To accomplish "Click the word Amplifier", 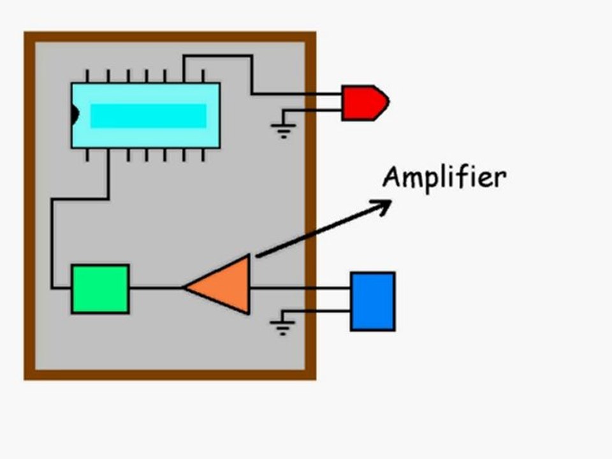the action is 444,178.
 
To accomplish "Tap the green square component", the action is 100,289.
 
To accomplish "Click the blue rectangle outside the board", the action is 373,302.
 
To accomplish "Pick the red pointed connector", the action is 365,103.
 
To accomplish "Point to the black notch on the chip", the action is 75,114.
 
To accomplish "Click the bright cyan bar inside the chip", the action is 149,116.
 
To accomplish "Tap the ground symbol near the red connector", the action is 284,130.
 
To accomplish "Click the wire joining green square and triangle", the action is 156,288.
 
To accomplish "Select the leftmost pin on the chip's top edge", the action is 87,76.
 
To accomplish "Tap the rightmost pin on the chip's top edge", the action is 203,76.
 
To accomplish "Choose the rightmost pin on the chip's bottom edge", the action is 203,154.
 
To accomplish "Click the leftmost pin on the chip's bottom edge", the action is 87,154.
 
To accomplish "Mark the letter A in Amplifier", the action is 393,177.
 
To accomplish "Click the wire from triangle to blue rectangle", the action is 300,288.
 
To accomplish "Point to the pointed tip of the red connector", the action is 389,102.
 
